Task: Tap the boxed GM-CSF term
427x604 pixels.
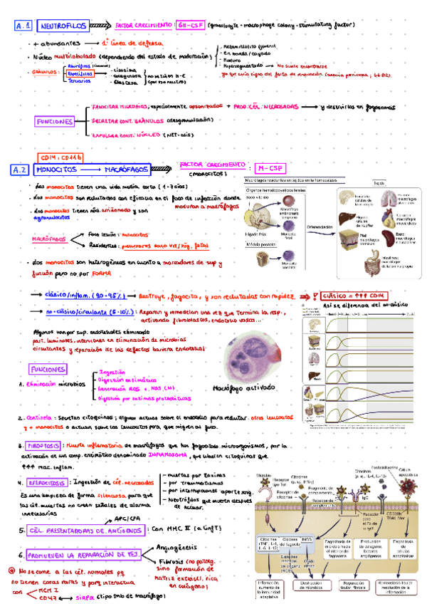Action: (x=191, y=26)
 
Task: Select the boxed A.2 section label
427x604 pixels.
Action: (x=21, y=170)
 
